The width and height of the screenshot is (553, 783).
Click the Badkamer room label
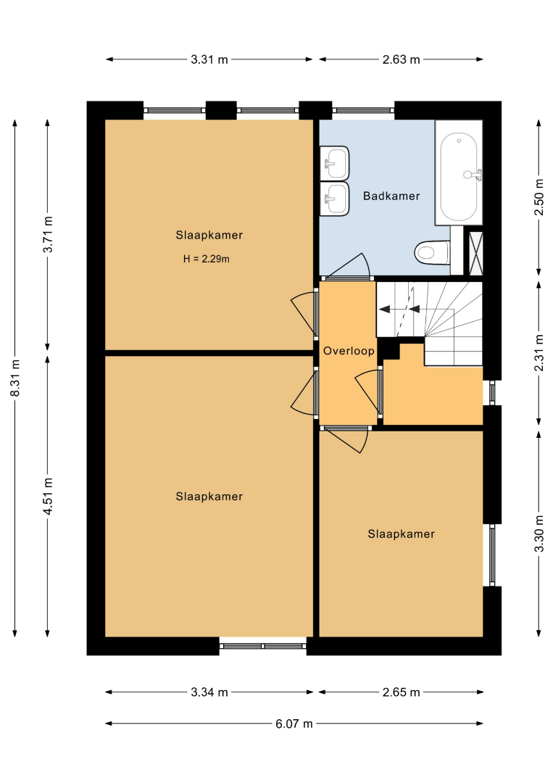click(x=391, y=196)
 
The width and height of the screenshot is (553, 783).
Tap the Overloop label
click(x=349, y=351)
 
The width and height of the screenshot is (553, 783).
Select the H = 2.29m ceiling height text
click(x=206, y=259)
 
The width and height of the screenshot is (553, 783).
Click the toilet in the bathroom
click(x=432, y=253)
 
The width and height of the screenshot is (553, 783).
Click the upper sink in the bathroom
click(x=334, y=162)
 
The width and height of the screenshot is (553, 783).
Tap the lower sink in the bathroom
click(x=334, y=199)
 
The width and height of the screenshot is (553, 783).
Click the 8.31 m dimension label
click(x=15, y=378)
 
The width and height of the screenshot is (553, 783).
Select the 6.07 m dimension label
click(x=294, y=724)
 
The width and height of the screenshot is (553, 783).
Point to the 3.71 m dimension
click(x=48, y=234)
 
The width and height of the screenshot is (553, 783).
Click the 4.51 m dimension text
click(x=48, y=496)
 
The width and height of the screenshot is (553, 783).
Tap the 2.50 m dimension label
click(x=539, y=196)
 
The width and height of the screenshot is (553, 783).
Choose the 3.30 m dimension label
click(x=539, y=534)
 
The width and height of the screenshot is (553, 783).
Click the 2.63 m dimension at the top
click(x=402, y=59)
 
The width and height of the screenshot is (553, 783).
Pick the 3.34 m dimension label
click(x=209, y=692)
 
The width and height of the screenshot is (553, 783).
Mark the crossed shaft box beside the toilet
click(x=475, y=253)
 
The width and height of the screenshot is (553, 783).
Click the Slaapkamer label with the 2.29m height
click(x=209, y=235)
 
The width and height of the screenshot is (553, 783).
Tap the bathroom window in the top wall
click(x=363, y=110)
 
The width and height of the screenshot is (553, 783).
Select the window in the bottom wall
click(x=263, y=646)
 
